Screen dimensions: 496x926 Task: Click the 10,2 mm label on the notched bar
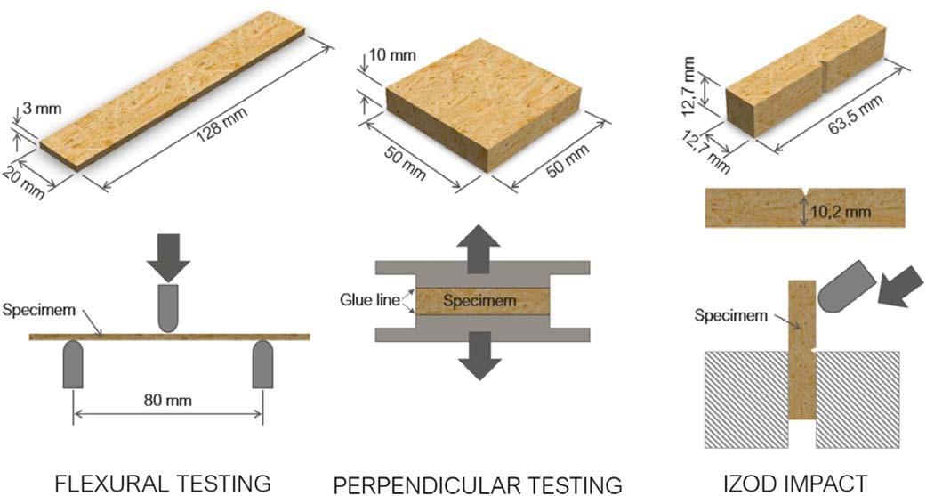pyautogui.click(x=840, y=212)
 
